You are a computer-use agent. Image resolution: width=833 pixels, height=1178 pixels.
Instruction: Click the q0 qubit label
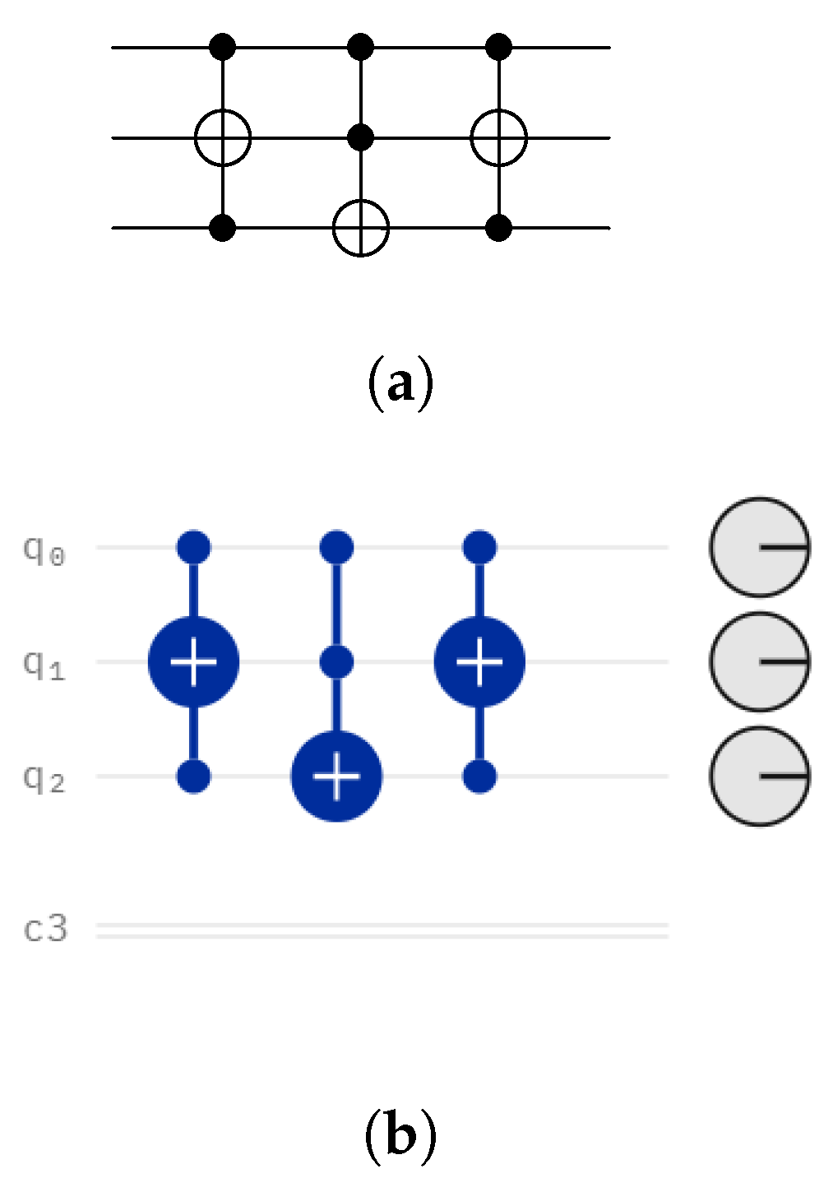tap(44, 550)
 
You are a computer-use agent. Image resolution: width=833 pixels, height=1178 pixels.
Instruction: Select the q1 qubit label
tap(44, 664)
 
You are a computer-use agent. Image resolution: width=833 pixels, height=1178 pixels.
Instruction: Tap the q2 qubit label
tap(44, 778)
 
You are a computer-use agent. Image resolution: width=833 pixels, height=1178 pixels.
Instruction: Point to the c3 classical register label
tap(46, 930)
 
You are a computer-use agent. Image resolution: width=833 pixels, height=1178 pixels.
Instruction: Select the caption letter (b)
tap(400, 1135)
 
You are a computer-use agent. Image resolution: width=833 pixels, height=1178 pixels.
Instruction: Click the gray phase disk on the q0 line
tap(760, 547)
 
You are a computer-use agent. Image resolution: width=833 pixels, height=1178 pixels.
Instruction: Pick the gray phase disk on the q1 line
tap(760, 661)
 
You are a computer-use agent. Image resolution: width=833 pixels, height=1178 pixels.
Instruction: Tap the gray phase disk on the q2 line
tap(760, 776)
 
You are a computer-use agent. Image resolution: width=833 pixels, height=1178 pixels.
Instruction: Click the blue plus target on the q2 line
tap(336, 776)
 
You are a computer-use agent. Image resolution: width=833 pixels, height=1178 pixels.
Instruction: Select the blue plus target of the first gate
tap(193, 661)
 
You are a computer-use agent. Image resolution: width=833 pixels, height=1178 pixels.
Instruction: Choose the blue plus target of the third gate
tap(479, 661)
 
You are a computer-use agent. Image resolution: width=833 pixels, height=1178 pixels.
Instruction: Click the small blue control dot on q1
tap(336, 661)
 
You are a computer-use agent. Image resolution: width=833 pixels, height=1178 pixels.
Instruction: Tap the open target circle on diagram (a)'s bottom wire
tap(360, 228)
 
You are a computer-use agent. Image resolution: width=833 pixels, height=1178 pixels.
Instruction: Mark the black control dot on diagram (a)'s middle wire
tap(360, 137)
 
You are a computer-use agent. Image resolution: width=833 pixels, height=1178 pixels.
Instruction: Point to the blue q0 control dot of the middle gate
tap(336, 547)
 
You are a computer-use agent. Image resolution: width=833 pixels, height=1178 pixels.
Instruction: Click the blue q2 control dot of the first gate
tap(193, 776)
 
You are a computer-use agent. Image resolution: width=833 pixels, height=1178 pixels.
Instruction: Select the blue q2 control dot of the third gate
tap(479, 776)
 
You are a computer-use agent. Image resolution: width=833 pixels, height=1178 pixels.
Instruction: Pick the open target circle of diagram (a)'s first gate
tap(223, 137)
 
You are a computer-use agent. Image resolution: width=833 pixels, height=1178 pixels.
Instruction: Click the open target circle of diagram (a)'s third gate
tap(498, 137)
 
